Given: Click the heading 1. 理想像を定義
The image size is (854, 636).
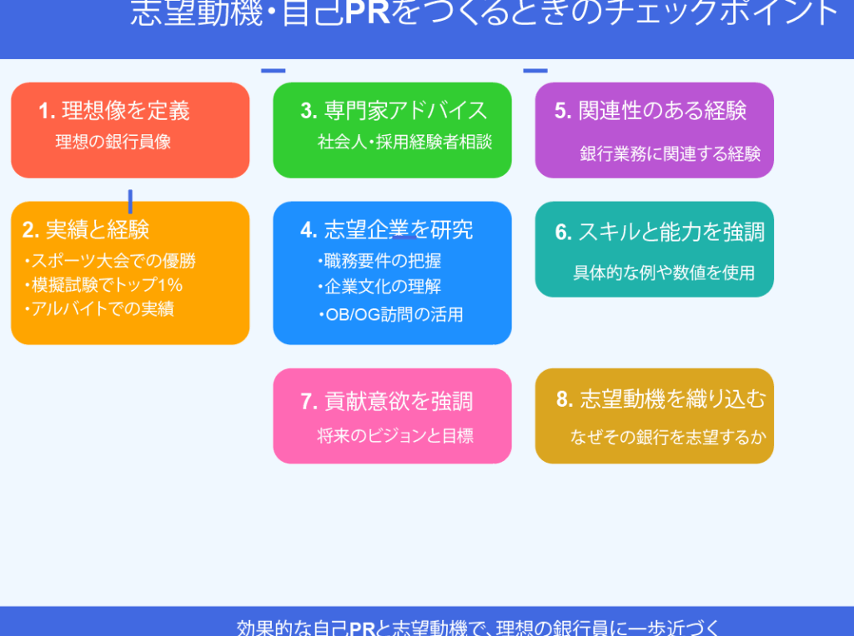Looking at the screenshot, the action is (113, 111).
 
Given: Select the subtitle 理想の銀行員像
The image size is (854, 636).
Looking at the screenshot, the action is (113, 142).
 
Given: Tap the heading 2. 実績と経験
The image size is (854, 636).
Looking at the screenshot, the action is (86, 230).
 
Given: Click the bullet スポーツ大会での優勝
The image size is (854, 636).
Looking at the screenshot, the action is (110, 261).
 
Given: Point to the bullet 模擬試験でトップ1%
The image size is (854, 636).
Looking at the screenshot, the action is (103, 285).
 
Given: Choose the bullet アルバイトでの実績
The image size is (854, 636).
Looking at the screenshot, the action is (99, 308).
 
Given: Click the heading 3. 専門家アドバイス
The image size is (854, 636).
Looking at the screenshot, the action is (394, 111).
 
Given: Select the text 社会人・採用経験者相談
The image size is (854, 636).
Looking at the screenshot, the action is (404, 142).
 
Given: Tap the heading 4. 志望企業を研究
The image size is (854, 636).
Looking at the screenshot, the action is (387, 230).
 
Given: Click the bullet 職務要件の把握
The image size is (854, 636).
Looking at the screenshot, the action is (379, 261).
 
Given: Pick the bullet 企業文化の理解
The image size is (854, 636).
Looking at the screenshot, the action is (379, 287).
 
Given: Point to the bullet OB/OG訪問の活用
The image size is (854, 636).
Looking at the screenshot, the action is (391, 314).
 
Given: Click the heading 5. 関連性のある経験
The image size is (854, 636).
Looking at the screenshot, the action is (651, 111).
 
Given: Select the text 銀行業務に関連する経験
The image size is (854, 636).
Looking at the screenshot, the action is (670, 154).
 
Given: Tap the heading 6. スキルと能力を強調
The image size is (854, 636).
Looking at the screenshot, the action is (660, 232).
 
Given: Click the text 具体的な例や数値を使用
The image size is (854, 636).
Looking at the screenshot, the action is (664, 273).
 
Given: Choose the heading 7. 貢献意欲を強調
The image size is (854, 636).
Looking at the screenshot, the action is (387, 401).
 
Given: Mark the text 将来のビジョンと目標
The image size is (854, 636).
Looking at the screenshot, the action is (395, 436).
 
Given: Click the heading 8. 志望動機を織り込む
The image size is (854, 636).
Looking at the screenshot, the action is (661, 399).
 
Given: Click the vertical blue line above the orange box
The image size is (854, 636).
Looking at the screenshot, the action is (130, 202).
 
